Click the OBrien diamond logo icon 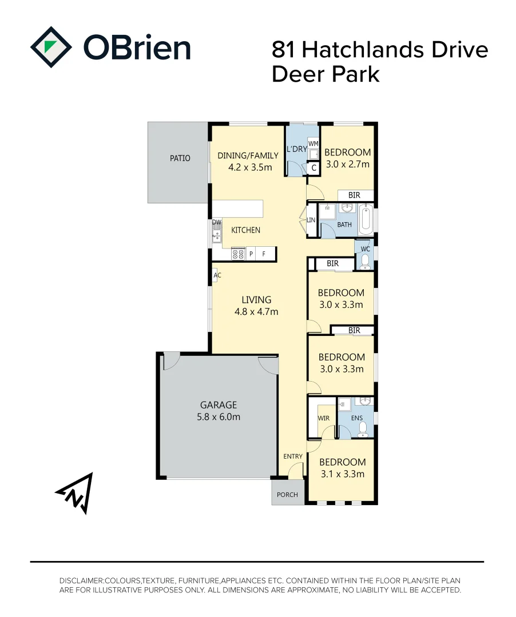51,47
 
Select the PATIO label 180,158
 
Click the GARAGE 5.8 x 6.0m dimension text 219,416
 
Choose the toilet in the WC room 365,261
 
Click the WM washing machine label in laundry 313,143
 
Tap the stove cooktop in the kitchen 238,254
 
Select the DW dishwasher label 217,222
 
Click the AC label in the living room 217,275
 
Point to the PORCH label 287,495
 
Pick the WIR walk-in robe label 323,418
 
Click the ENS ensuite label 357,418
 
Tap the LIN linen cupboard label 311,221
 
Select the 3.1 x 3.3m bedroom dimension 342,474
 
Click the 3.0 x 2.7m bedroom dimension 347,164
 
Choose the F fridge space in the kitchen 264,254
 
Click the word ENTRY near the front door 293,456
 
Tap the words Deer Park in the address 326,74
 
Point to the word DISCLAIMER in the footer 81,580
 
